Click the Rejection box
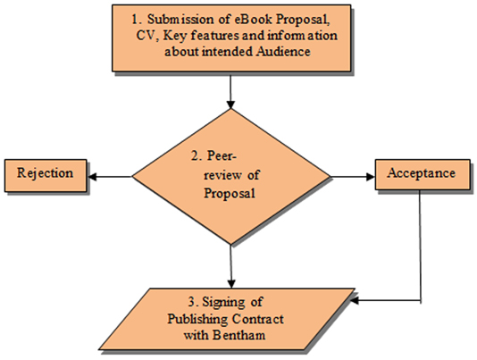[x=46, y=176]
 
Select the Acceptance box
[x=423, y=174]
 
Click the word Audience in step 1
[x=283, y=51]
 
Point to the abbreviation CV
[x=146, y=36]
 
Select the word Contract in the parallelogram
[x=258, y=319]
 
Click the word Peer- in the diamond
[x=222, y=155]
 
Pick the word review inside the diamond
[x=223, y=175]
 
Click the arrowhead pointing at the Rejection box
[x=92, y=177]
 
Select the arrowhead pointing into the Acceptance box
[x=371, y=177]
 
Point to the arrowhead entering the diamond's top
[x=230, y=105]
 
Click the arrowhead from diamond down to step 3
[x=231, y=283]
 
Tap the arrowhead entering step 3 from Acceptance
[x=355, y=301]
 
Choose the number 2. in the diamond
[x=197, y=155]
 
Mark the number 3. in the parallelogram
[x=193, y=302]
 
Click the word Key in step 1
[x=173, y=36]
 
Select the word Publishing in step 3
[x=197, y=320]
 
